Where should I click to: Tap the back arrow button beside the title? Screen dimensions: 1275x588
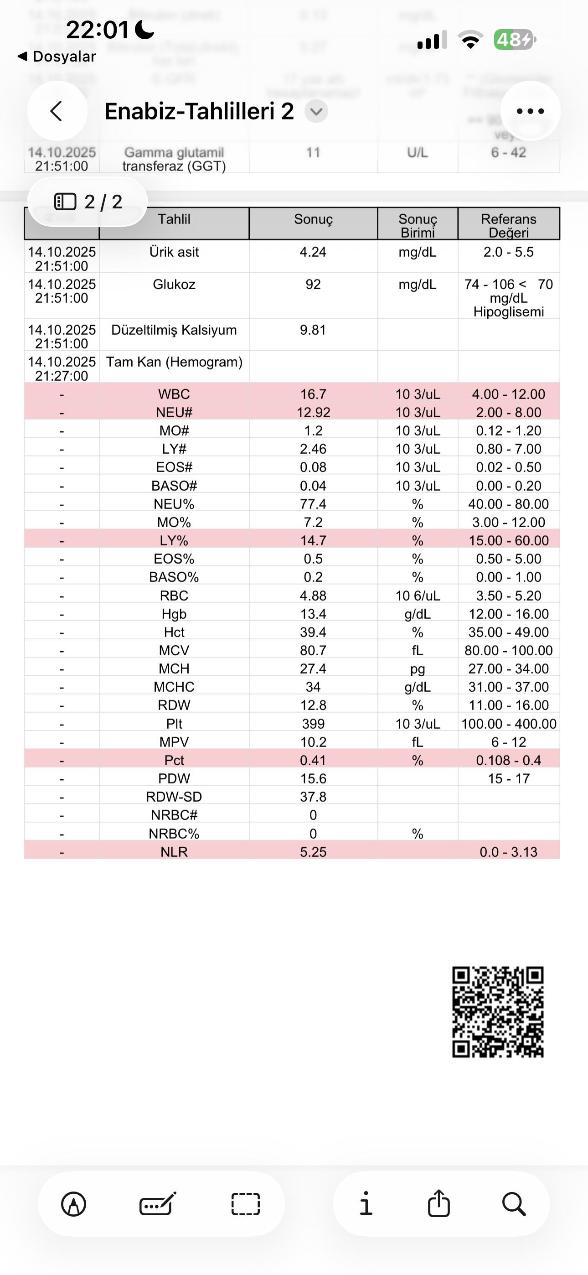click(57, 111)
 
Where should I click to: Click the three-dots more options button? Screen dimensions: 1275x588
click(530, 111)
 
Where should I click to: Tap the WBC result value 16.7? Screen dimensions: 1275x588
click(313, 394)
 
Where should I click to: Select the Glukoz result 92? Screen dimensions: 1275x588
click(313, 284)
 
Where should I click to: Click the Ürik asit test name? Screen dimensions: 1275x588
click(174, 252)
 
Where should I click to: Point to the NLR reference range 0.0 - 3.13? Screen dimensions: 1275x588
click(508, 852)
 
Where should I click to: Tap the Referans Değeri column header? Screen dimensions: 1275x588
click(508, 225)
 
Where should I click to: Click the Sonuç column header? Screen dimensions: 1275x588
click(313, 219)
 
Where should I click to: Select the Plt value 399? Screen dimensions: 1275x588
click(313, 724)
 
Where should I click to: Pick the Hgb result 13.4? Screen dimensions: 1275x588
click(313, 614)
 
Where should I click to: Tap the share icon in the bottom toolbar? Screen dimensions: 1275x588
click(438, 1204)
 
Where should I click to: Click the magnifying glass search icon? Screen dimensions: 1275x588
click(514, 1204)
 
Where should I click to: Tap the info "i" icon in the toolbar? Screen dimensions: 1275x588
click(366, 1204)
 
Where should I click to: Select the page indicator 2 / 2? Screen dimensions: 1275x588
click(88, 202)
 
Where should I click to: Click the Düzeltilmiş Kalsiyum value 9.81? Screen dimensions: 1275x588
click(313, 330)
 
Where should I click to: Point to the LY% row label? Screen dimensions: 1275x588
click(174, 540)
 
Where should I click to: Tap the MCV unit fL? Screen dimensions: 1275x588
click(417, 650)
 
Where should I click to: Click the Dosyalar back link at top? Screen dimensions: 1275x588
click(57, 57)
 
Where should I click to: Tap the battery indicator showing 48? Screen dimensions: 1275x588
click(514, 40)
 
